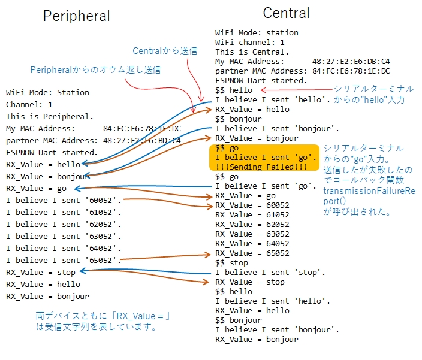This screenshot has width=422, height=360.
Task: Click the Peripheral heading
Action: [77, 16]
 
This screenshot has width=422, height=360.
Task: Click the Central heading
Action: [286, 13]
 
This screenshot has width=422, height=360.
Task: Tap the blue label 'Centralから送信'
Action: [165, 51]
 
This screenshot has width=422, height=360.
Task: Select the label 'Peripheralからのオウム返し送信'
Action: [95, 70]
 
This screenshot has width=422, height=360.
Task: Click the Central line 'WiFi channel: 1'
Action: [249, 42]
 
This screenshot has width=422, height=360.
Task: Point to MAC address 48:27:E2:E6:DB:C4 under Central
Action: [351, 62]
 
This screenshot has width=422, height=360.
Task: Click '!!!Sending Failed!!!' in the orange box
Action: [261, 167]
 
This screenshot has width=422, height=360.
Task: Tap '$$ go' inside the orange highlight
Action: [227, 148]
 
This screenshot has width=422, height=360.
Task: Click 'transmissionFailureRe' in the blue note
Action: [369, 191]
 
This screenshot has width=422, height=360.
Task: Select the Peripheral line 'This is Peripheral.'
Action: [50, 116]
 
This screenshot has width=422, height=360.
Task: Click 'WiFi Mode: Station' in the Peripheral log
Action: [47, 92]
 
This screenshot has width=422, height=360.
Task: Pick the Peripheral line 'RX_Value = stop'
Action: [41, 273]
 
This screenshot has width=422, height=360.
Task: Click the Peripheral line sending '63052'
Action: [64, 237]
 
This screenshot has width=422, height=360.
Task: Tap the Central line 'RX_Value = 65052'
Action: [252, 253]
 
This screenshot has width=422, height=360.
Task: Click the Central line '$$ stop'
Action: [231, 263]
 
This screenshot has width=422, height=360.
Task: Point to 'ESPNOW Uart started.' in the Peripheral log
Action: [52, 152]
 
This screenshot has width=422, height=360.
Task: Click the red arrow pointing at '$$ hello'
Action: [297, 90]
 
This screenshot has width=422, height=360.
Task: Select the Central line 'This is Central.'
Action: [252, 52]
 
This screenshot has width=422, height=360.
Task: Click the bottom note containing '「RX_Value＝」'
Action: [103, 321]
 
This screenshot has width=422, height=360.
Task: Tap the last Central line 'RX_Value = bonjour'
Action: [257, 340]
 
